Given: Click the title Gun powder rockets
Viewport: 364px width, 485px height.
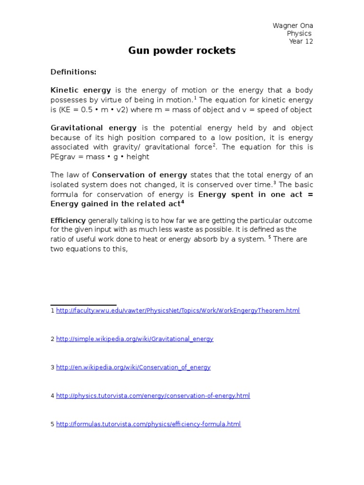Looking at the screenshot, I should [182, 51].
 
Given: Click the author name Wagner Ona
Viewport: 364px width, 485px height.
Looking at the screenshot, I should [292, 26].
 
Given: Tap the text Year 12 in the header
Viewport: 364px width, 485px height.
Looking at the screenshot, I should [301, 41].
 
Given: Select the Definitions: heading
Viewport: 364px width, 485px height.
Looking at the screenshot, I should [73, 72].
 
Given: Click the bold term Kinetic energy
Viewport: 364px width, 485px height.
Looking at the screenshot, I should [81, 90].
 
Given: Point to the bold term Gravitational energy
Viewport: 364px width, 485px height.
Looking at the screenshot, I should [93, 128].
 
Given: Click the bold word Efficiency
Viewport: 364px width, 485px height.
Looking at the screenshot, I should [68, 221].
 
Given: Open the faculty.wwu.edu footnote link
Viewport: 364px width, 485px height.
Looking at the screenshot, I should [178, 311].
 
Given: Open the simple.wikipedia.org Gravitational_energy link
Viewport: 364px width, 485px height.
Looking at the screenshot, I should [135, 339].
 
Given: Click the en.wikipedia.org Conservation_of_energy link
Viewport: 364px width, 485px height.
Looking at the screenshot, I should [133, 368].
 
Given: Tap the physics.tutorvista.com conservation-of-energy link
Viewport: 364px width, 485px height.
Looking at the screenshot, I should [153, 396].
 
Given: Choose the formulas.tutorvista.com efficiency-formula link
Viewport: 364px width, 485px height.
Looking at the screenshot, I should [148, 424].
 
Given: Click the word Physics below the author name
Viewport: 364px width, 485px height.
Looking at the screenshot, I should [299, 34].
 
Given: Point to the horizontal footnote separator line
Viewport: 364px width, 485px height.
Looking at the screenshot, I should [83, 305].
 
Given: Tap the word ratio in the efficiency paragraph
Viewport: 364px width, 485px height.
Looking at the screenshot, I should [58, 239].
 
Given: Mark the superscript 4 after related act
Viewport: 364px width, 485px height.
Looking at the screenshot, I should [182, 202].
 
